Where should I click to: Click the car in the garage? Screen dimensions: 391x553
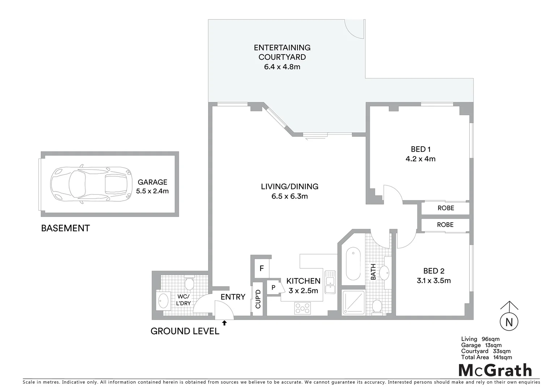tap(90, 185)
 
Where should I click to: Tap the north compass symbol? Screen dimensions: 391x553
tap(509, 321)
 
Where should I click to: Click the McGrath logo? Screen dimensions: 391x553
tap(495, 370)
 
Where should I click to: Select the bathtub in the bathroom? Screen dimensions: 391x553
tap(353, 264)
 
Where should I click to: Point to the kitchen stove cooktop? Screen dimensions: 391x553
tap(303, 308)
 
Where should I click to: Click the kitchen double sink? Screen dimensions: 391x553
tap(330, 282)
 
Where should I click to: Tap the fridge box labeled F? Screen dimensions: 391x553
tap(261, 269)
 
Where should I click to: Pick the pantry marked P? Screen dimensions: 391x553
tap(274, 287)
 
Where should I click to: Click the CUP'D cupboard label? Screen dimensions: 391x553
tap(258, 299)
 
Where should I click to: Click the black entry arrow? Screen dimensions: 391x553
tap(224, 322)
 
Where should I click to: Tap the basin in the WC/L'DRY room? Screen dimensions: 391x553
tap(164, 300)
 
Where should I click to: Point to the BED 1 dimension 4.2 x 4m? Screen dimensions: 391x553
tap(421, 159)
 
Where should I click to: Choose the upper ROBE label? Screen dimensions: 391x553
tap(446, 208)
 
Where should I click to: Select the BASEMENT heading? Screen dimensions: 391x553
tap(66, 228)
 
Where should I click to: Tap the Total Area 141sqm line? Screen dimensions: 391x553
tap(486, 357)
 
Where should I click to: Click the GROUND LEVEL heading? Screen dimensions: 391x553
tap(185, 331)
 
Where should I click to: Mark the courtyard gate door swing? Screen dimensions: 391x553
tap(353, 28)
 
